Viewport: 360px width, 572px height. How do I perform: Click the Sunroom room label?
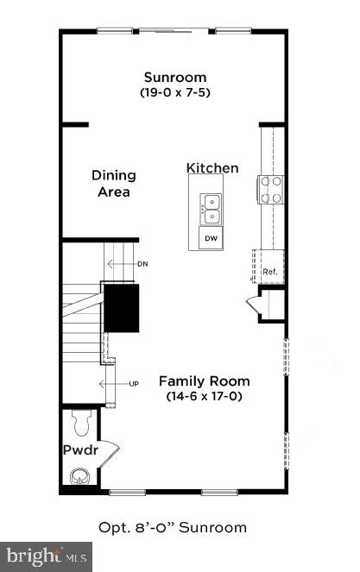point(175,77)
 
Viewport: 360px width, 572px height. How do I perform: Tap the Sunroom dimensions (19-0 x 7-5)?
point(175,91)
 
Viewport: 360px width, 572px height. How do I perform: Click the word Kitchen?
point(212,167)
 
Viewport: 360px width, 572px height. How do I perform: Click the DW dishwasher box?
point(210,237)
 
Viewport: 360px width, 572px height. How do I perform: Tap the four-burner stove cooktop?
point(271,189)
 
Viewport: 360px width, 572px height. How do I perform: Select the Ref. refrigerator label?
point(269,270)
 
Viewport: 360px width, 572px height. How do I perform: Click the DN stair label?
point(142,263)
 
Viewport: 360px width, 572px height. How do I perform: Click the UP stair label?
point(134,383)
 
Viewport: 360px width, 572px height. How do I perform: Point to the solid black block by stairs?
point(122,308)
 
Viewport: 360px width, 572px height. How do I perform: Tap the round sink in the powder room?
point(80,475)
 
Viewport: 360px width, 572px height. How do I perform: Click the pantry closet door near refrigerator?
point(255,305)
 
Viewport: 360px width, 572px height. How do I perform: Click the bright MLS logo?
point(47,556)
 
